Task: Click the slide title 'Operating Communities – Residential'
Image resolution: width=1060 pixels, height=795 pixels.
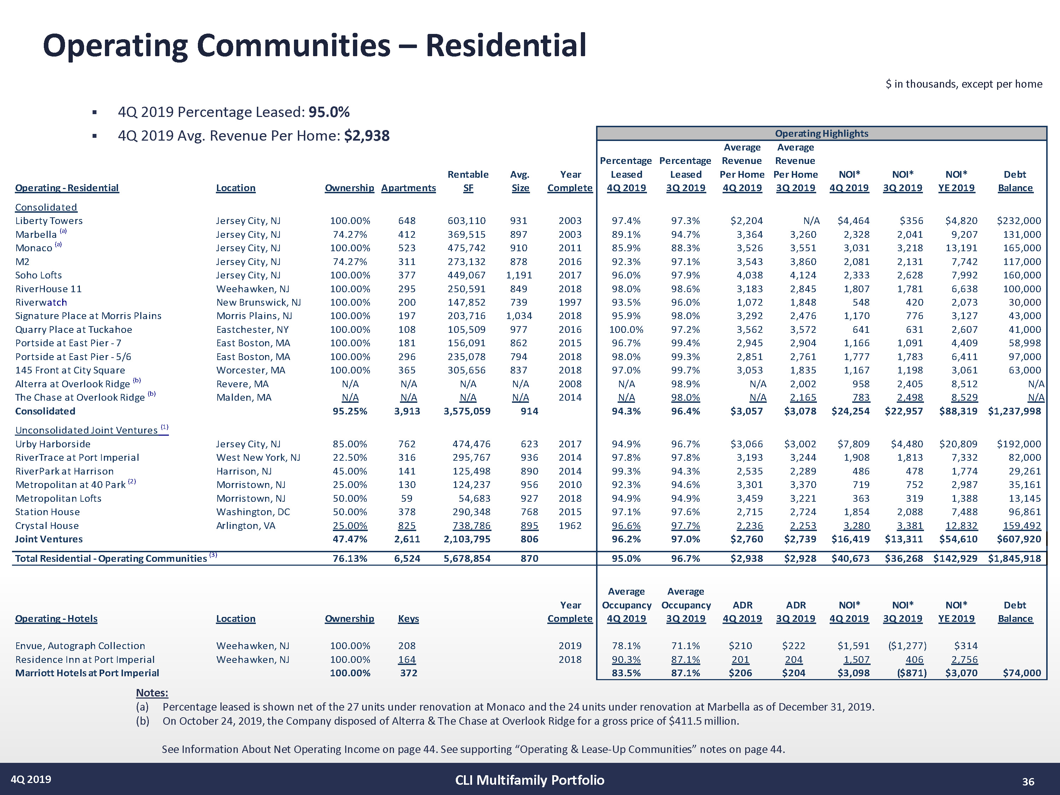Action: (x=314, y=46)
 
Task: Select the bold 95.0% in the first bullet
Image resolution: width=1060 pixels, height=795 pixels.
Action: (x=329, y=112)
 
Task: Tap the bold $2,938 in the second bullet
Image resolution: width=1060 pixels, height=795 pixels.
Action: (x=367, y=136)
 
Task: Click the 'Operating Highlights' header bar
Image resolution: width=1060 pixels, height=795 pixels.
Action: (x=821, y=134)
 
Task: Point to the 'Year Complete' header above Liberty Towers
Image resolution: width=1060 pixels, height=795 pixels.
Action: (x=570, y=182)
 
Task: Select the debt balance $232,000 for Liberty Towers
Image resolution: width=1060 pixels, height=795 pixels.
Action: (x=1019, y=221)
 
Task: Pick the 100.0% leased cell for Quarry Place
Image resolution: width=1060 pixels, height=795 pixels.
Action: (x=626, y=330)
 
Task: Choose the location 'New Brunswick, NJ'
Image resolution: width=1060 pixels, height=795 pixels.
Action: (x=258, y=302)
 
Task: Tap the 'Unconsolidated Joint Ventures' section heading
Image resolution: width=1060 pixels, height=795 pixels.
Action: (x=86, y=430)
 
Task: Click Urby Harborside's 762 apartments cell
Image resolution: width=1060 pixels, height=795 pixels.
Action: (x=407, y=444)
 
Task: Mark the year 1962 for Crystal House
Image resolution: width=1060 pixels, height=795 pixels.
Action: (x=570, y=526)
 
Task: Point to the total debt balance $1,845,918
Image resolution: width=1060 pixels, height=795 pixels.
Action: (x=1014, y=559)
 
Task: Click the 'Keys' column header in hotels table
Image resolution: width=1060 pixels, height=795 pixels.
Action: (x=408, y=619)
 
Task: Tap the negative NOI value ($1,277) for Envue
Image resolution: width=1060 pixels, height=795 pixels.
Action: (x=907, y=646)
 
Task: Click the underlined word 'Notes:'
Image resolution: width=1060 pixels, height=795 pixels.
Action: (x=152, y=693)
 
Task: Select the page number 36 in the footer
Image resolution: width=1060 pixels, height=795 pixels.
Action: (x=1028, y=782)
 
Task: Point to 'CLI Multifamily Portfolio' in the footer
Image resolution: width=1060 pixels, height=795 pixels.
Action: (x=530, y=780)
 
